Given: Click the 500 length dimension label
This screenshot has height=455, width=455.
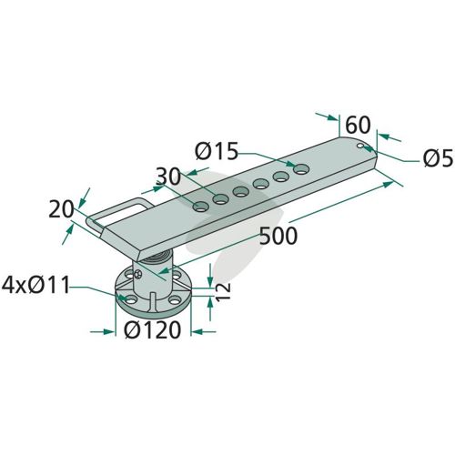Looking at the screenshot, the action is coord(278,236).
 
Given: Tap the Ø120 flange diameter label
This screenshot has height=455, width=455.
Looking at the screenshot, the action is coord(153,330).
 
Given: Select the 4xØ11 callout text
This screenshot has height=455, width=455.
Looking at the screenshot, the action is coord(35,285).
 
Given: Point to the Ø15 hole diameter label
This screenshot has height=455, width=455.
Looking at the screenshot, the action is coord(217,151).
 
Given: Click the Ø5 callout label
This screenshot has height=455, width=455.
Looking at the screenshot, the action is coord(439,158).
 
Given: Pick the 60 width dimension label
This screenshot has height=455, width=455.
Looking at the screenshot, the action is coord(358,125).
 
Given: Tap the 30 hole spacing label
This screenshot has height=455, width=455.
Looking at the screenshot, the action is coord(168,177).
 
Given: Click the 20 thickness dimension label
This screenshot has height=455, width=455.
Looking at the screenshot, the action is coord(61,209).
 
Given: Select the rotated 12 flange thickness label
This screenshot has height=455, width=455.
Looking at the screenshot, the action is coord(224,291).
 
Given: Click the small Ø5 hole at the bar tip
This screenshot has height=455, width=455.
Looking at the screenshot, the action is coord(360,146).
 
